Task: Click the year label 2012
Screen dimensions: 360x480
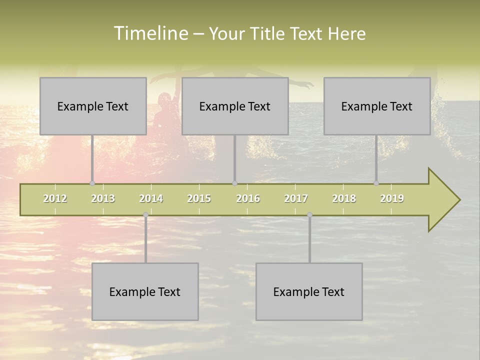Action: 55,198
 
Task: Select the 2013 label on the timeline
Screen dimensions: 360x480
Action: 103,198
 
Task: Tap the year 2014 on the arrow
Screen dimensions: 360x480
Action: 151,198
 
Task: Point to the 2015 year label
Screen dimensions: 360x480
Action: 199,198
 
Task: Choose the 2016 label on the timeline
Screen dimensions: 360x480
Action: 248,198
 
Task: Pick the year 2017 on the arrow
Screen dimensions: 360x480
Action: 296,198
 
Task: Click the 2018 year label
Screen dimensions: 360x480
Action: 344,198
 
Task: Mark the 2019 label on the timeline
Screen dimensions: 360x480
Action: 392,198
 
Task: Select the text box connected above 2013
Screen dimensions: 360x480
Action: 93,106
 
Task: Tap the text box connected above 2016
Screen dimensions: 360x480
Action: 235,106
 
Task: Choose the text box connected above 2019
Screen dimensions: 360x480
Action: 377,106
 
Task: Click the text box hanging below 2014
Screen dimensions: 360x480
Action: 145,291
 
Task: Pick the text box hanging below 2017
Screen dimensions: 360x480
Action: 309,291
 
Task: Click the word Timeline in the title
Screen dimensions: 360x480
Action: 150,33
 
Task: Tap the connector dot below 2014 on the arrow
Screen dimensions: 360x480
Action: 145,214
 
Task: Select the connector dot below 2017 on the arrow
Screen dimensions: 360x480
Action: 309,214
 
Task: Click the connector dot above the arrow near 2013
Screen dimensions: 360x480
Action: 92,183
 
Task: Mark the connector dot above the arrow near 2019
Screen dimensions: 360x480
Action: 376,183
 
